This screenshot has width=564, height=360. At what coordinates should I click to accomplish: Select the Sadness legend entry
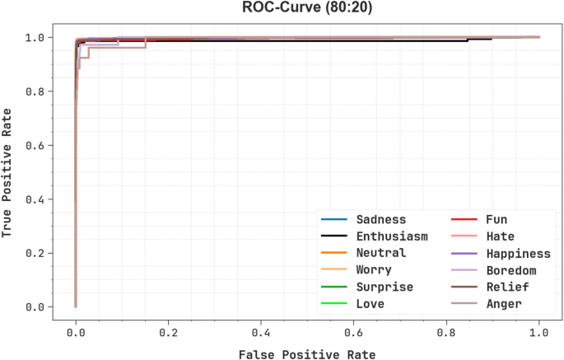point(381,219)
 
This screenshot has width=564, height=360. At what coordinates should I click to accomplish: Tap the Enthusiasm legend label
point(392,236)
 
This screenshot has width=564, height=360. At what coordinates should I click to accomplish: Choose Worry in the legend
point(374,270)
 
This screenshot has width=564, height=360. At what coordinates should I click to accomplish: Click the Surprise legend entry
point(385,287)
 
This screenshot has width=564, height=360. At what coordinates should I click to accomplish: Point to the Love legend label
point(371,304)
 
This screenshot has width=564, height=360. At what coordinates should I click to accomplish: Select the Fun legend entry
point(496,219)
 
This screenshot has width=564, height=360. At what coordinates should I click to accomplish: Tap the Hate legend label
point(500,236)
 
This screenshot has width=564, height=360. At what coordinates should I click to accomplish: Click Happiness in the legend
point(518,253)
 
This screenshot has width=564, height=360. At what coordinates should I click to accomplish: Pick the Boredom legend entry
point(510,270)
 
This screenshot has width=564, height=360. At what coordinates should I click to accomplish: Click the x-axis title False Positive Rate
point(306,354)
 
